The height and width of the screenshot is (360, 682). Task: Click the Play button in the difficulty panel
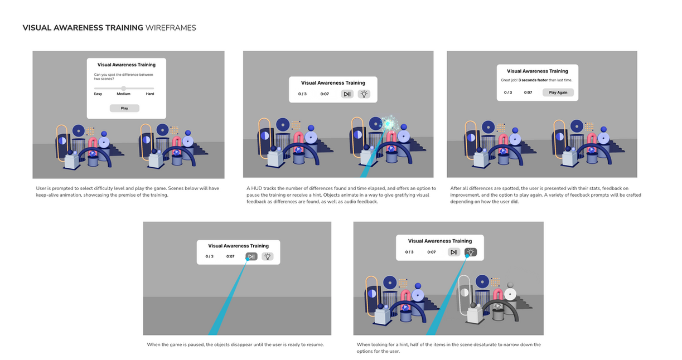pos(124,108)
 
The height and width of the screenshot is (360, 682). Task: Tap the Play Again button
pos(558,93)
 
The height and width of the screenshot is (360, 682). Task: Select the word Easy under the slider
pos(98,94)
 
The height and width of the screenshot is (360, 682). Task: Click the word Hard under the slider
pos(150,94)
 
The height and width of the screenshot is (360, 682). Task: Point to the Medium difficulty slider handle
pos(124,88)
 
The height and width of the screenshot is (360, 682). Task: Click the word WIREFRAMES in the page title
pos(171,28)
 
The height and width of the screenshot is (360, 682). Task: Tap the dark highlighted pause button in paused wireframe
pos(251,256)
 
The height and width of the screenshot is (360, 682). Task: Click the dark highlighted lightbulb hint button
pos(471,252)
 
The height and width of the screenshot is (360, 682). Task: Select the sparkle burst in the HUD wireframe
pos(388,123)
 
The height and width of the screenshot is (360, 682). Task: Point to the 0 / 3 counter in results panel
pos(508,93)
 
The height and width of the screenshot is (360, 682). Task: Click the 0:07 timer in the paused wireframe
pos(230,256)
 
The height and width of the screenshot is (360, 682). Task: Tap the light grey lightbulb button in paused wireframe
pos(268,256)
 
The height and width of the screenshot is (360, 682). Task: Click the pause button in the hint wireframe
pos(454,252)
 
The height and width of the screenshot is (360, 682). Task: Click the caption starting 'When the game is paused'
pos(235,344)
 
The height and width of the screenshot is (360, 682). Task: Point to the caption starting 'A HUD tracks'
pos(341,194)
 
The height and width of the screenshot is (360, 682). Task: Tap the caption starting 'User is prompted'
pos(128,191)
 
